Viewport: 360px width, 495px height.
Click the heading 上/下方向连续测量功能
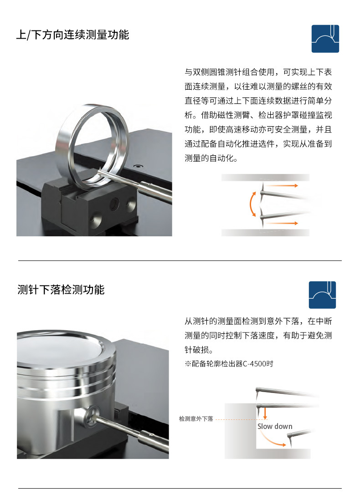point(73,35)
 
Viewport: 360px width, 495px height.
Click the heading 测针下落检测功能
point(61,290)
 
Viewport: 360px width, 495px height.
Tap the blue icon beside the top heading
point(325,39)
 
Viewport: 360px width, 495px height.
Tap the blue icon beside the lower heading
point(322,295)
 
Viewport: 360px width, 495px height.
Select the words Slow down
point(275,427)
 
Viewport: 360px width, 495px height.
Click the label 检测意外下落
point(196,418)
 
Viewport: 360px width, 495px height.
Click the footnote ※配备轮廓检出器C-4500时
point(229,364)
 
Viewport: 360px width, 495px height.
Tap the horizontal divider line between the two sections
point(180,261)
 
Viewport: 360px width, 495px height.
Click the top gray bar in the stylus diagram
point(265,178)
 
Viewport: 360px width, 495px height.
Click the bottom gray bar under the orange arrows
point(265,232)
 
